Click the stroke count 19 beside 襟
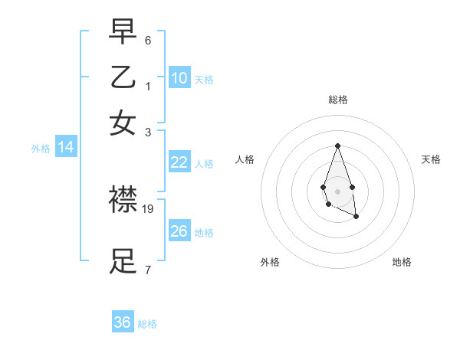pos(148,208)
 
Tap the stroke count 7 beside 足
pos(148,270)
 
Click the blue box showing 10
pos(179,78)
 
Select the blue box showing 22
pos(179,162)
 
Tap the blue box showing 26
pos(179,231)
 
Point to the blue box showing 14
pos(66,148)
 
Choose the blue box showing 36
pos(123,322)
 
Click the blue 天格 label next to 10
pos(204,80)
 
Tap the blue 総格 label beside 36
pos(147,324)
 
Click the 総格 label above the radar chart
pos(337,100)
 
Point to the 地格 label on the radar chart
pos(402,262)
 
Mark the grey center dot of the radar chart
pos(337,190)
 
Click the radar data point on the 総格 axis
pos(337,146)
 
